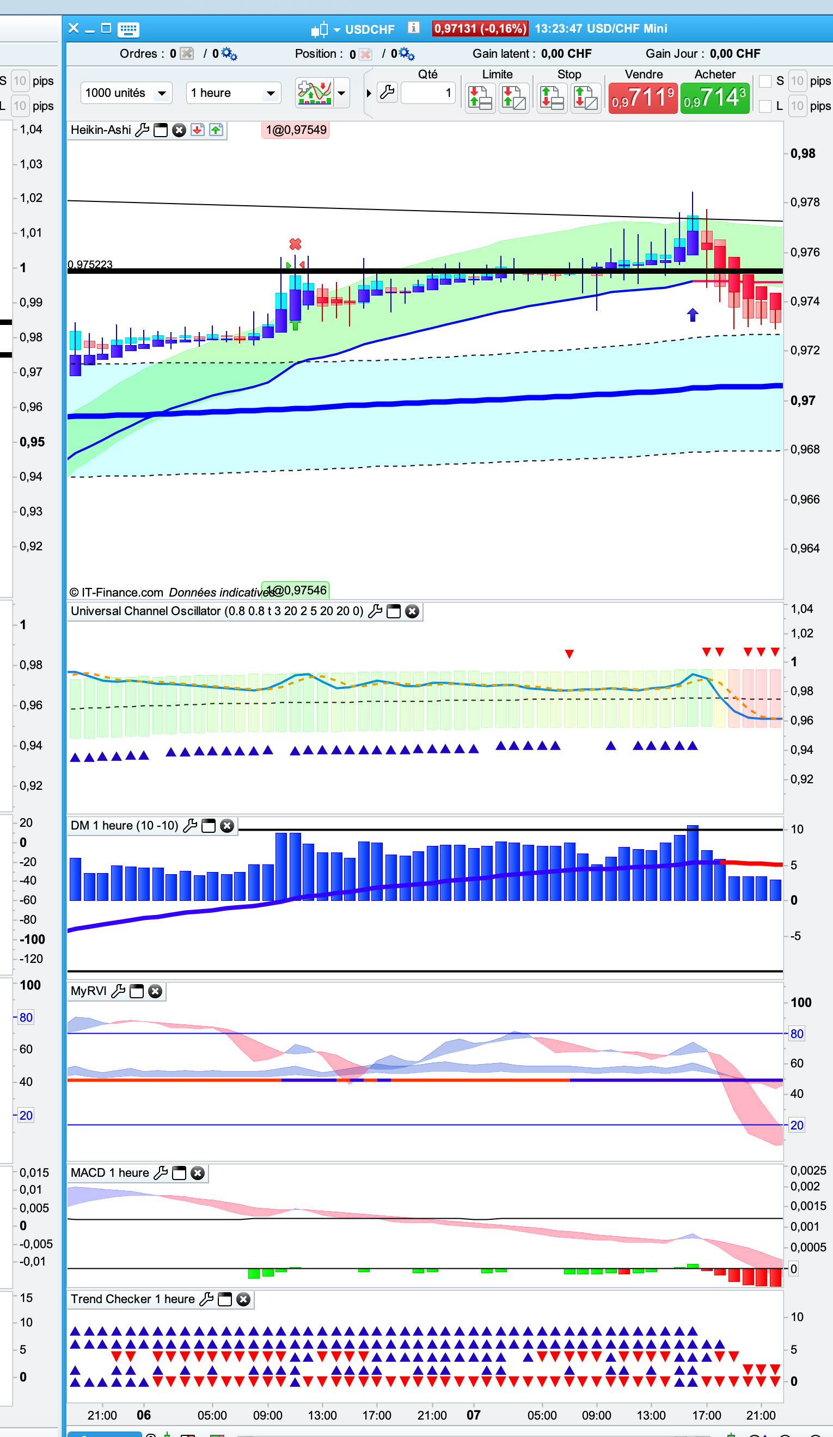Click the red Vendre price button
(642, 98)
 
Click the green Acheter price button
(714, 98)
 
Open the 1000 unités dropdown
(126, 93)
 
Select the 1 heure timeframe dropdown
(233, 93)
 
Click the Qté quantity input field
(427, 93)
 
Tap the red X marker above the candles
(295, 244)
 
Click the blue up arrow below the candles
(692, 315)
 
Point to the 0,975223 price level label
(90, 264)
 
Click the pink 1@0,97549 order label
(296, 130)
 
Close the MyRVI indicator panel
(155, 991)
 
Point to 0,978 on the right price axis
(805, 202)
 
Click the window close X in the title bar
(73, 28)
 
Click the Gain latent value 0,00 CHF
(566, 53)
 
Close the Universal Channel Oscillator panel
(412, 611)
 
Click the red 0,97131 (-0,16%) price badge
(480, 28)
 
